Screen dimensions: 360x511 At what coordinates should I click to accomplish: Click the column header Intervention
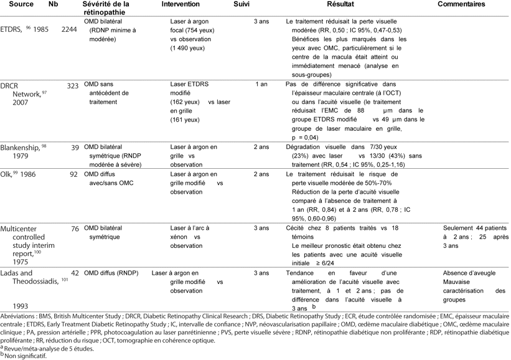pos(180,4)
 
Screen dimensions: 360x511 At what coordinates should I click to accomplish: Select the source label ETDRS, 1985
pos(26,28)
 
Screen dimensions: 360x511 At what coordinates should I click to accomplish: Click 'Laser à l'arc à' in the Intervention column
pos(190,229)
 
